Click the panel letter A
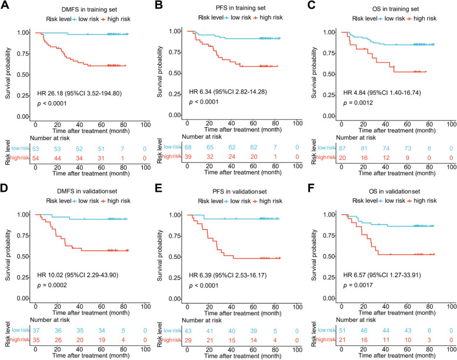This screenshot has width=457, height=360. [5, 5]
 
